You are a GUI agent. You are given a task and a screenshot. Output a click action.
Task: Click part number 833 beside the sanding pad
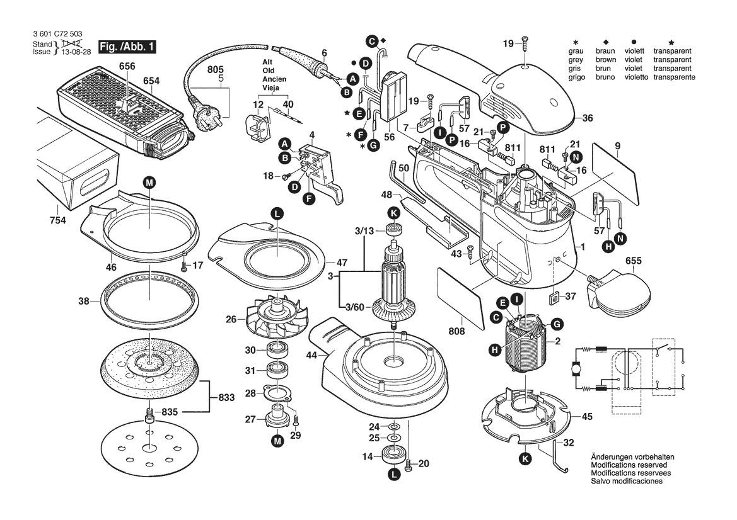[226, 398]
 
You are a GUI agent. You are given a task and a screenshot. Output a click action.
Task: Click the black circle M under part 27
[277, 443]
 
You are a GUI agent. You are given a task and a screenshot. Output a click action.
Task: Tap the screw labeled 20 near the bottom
[408, 465]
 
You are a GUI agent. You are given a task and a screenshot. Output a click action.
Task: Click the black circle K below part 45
[524, 459]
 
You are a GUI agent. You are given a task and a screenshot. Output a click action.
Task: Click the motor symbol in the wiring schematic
[574, 368]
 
